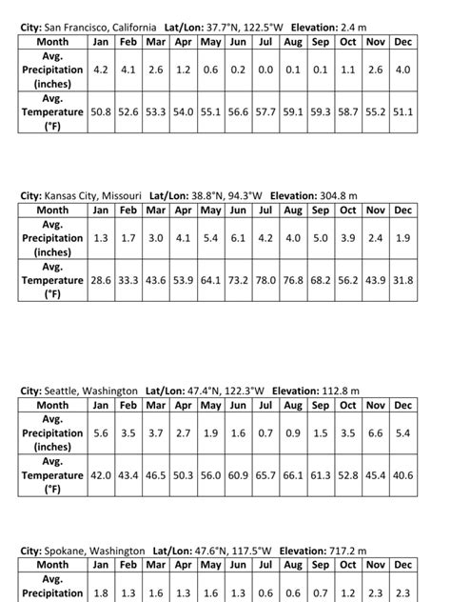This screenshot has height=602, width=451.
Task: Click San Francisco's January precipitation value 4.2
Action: click(101, 70)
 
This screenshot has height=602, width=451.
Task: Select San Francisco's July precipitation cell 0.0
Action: click(265, 70)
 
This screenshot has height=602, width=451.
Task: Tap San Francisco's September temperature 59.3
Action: click(321, 111)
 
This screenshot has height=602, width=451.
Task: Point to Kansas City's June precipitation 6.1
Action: click(238, 237)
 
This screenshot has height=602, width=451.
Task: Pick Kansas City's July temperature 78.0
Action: click(265, 280)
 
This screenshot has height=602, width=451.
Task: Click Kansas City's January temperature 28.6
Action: click(101, 280)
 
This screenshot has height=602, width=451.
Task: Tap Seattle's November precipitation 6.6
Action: click(376, 433)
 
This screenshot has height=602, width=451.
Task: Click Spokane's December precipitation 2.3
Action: click(403, 593)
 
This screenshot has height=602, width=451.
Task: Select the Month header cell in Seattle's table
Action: click(53, 405)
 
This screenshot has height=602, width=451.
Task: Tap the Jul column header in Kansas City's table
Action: click(265, 210)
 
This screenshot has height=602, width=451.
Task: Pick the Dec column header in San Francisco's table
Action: click(403, 42)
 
